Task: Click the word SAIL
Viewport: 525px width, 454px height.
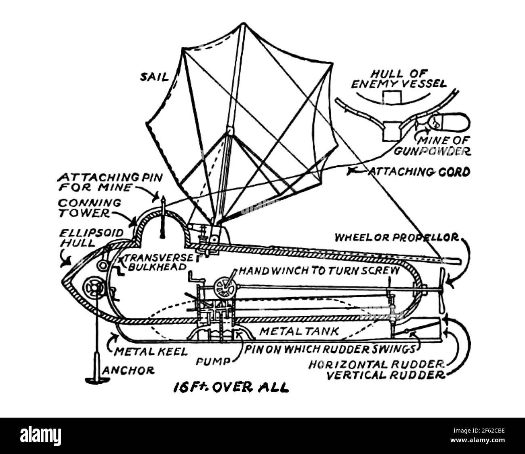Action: click(154, 76)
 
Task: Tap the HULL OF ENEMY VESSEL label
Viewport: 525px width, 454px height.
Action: click(399, 79)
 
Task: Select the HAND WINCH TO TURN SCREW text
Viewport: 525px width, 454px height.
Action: click(319, 270)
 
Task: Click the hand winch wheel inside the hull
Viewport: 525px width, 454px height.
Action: click(225, 287)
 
